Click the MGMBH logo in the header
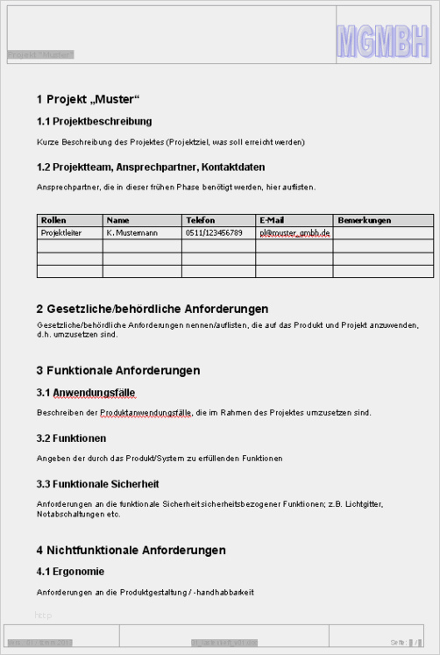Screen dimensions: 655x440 pyautogui.click(x=383, y=41)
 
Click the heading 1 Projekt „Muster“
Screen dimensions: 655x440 pyautogui.click(x=89, y=98)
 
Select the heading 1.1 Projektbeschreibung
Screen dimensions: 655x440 pyautogui.click(x=95, y=121)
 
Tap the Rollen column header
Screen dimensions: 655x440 pyautogui.click(x=54, y=220)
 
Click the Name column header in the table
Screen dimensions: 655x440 pyautogui.click(x=118, y=220)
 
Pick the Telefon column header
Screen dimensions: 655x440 pyautogui.click(x=200, y=220)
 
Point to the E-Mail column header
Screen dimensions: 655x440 pyautogui.click(x=272, y=220)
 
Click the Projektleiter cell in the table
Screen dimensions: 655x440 pyautogui.click(x=61, y=233)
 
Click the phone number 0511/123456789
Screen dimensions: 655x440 pyautogui.click(x=214, y=233)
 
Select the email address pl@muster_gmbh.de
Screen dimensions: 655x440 pyautogui.click(x=294, y=233)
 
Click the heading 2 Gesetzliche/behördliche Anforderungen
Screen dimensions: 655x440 pyautogui.click(x=153, y=309)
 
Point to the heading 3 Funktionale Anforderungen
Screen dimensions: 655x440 pyautogui.click(x=118, y=371)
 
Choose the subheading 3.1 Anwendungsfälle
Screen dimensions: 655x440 pyautogui.click(x=86, y=393)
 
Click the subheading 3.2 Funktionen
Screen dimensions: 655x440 pyautogui.click(x=72, y=438)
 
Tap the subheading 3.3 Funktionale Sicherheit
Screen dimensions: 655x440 pyautogui.click(x=98, y=484)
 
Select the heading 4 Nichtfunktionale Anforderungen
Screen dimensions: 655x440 pyautogui.click(x=131, y=551)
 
